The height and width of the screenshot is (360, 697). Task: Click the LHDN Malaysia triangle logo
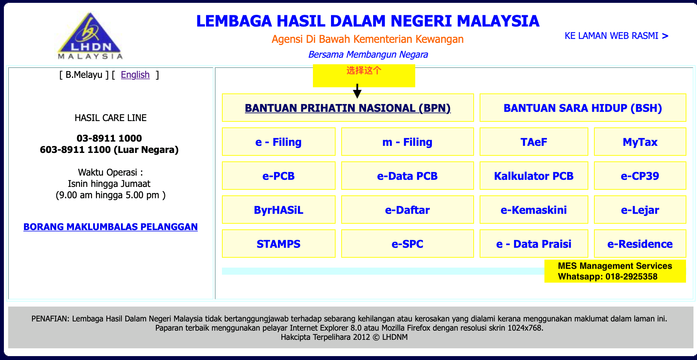click(x=90, y=36)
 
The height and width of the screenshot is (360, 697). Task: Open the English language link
click(x=135, y=75)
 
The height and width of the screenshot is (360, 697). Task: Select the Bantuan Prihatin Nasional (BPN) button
click(x=348, y=108)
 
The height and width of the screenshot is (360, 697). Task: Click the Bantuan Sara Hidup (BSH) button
click(x=583, y=108)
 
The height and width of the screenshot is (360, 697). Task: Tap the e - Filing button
click(x=279, y=142)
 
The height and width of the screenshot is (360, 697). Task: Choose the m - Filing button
click(x=407, y=142)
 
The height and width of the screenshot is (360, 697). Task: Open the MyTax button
click(x=640, y=142)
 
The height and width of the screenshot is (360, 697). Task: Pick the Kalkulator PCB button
click(x=534, y=176)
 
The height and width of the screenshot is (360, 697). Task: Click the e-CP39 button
click(x=640, y=176)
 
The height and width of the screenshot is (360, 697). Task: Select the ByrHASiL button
click(x=279, y=210)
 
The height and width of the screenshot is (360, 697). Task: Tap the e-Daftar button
click(x=407, y=210)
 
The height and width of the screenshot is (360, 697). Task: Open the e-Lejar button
click(x=640, y=210)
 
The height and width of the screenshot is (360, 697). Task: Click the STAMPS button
click(x=279, y=244)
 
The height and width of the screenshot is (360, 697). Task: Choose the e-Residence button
click(x=640, y=244)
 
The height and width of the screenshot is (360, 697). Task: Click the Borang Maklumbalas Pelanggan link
click(x=110, y=227)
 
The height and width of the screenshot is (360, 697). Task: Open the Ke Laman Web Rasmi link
click(x=616, y=36)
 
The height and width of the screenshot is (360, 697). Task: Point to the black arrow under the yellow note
click(x=357, y=91)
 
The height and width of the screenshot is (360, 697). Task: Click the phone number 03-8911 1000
click(x=109, y=138)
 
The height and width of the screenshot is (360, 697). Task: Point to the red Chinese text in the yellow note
click(x=364, y=70)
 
